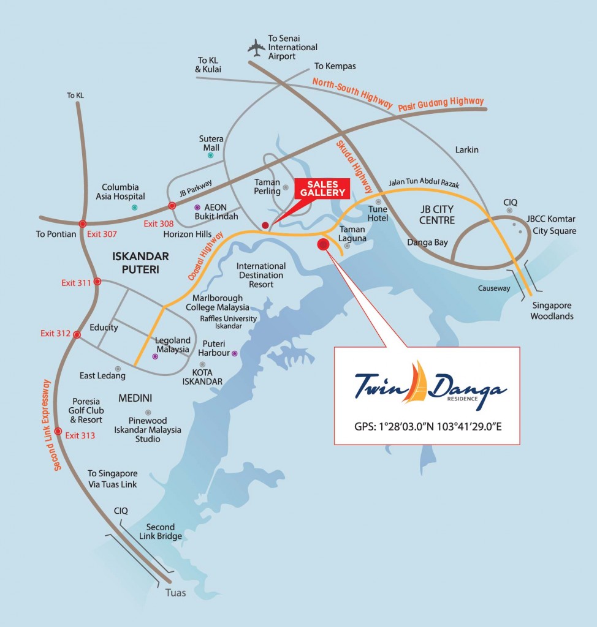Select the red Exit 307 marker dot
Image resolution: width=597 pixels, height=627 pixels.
tap(82, 224)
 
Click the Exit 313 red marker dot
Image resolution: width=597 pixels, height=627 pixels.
tap(58, 431)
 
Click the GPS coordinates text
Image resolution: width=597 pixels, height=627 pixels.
tap(428, 426)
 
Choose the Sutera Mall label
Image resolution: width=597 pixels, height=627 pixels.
tap(211, 143)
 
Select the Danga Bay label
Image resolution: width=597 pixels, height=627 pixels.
tap(427, 242)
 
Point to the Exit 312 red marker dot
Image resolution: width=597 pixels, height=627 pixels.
tap(77, 334)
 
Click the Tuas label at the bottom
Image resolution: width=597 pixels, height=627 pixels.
tap(175, 593)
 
